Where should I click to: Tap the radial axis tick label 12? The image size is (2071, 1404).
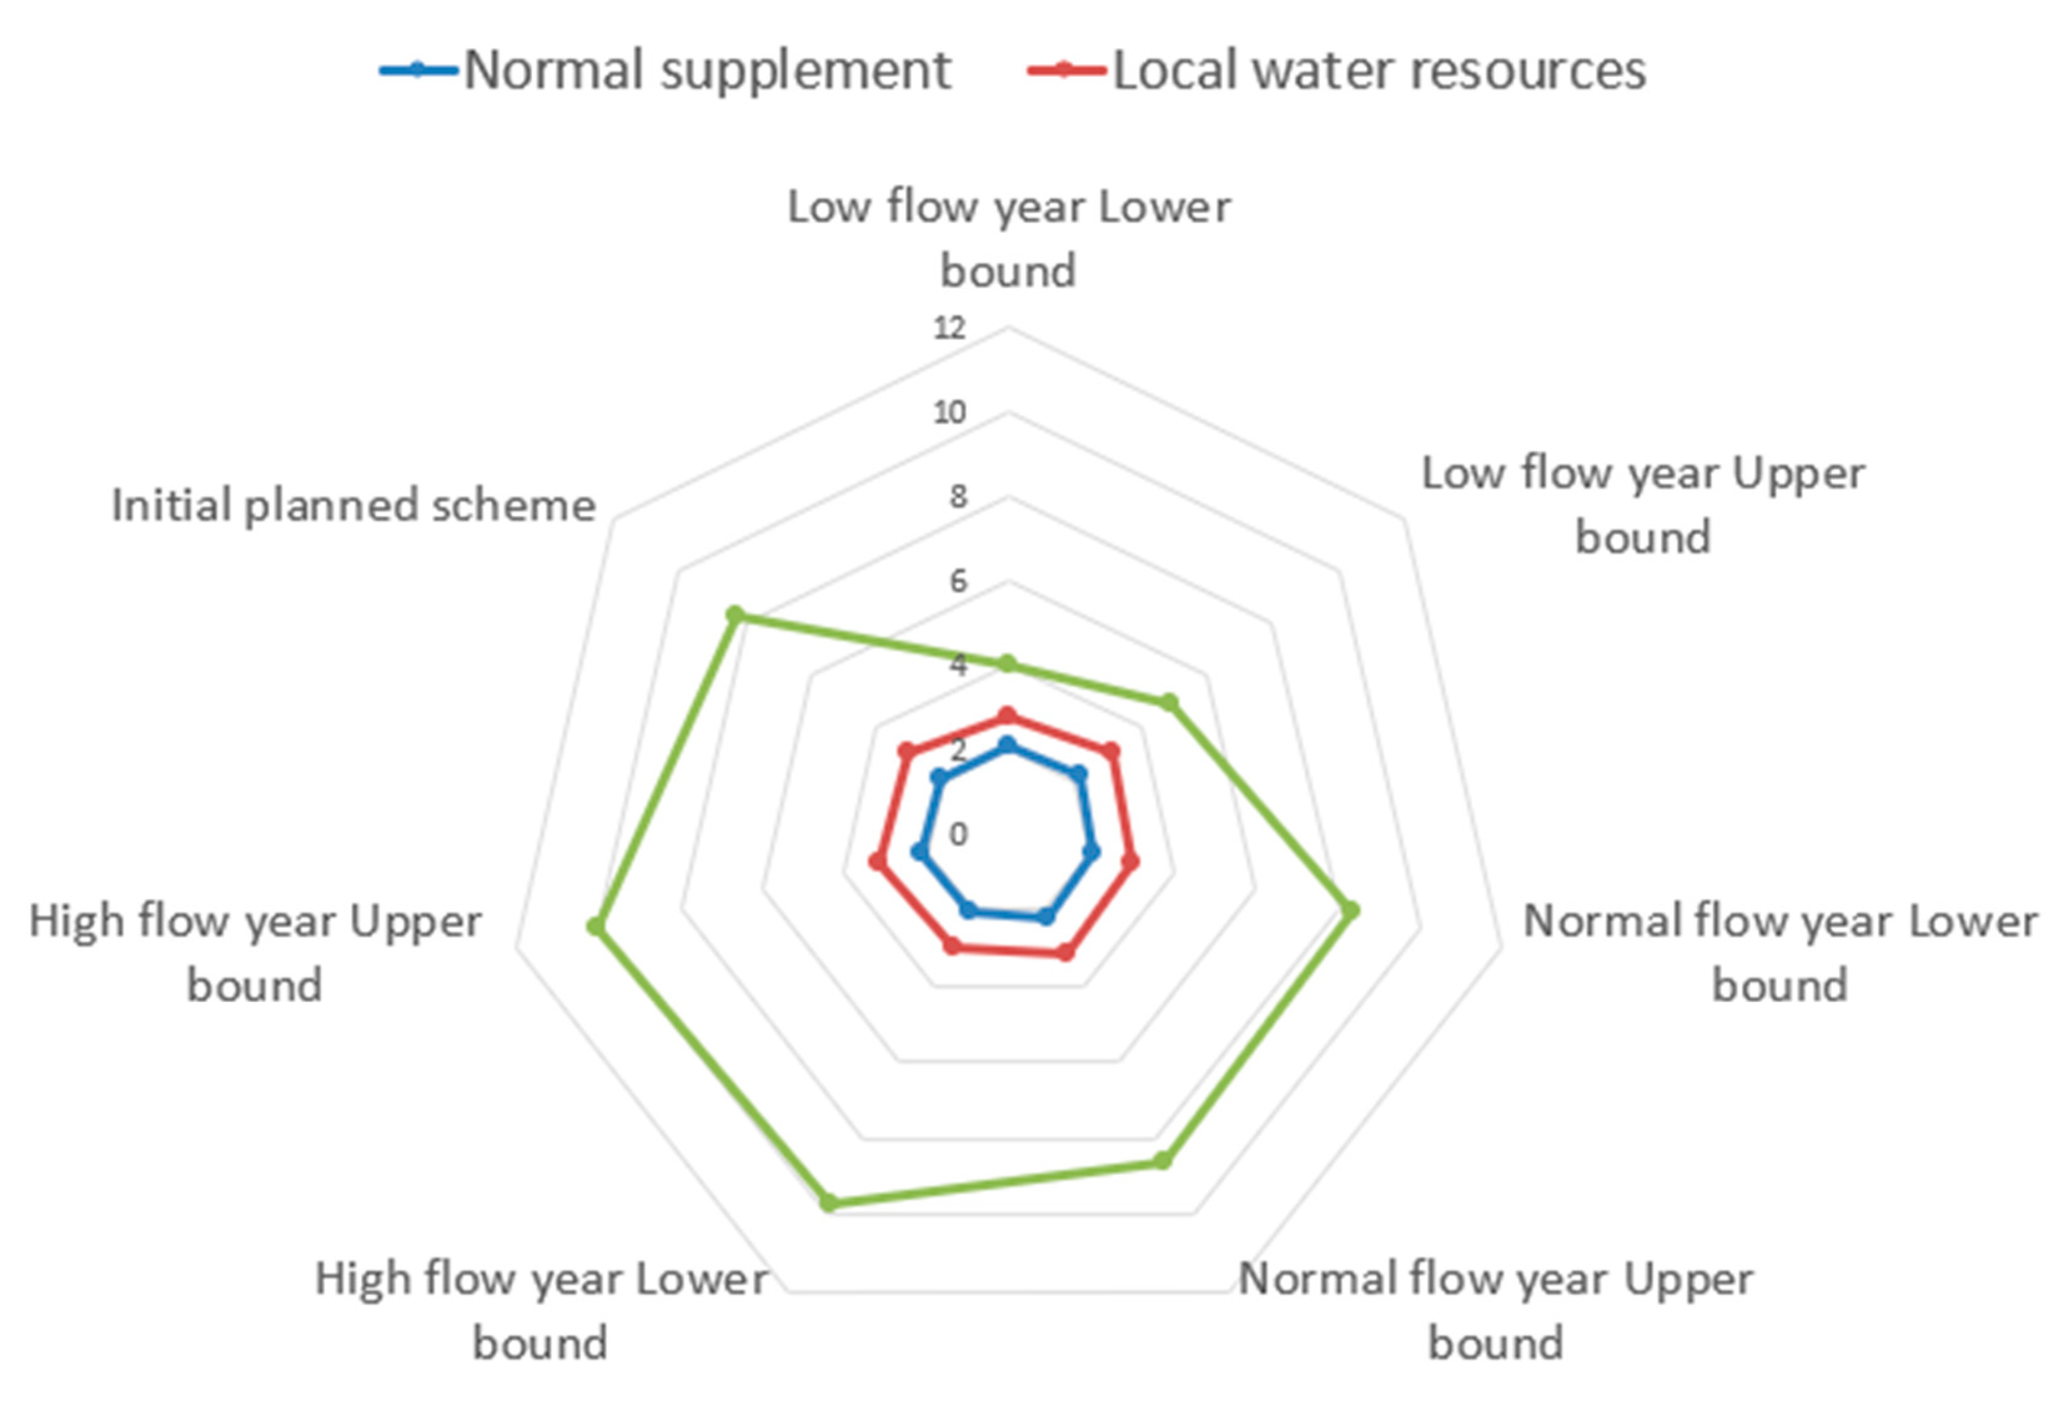949,328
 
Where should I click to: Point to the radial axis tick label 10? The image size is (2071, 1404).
949,412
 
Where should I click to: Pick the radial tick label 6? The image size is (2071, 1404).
957,582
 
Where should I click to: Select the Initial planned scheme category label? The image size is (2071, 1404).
353,505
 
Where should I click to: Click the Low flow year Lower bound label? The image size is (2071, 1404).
1009,239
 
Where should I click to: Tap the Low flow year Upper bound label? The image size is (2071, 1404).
1642,505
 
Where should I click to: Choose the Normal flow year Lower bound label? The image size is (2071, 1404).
1780,953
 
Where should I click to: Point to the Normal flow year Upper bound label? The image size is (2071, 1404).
1496,1312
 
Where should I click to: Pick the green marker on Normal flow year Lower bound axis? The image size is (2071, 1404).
1351,910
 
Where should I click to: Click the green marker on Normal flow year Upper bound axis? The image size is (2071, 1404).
1162,1160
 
